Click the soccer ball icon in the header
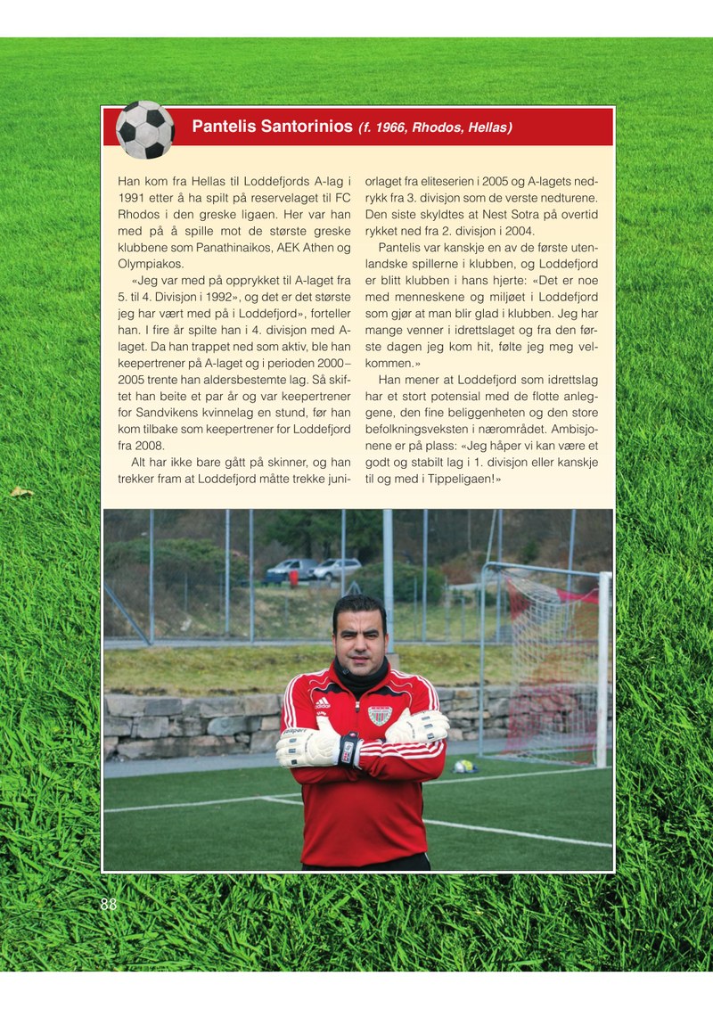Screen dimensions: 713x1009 (145, 129)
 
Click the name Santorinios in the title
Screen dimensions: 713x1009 (306, 127)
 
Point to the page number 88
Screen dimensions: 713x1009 (108, 905)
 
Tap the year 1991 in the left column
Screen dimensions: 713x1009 (134, 197)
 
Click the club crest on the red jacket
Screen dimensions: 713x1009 (381, 715)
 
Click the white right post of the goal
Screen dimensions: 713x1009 (603, 669)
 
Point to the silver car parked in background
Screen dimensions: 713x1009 (336, 569)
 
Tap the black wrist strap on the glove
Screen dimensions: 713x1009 (349, 749)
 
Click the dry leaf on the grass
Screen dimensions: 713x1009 (20, 491)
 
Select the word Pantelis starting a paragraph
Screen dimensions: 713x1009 (402, 247)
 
